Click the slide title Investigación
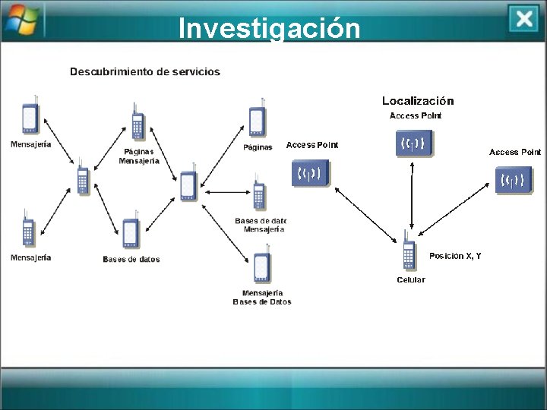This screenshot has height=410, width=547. pos(269,27)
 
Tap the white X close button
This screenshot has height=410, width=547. pos(523,19)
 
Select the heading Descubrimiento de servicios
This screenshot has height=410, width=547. pos(145,72)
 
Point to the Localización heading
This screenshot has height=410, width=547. pos(418,100)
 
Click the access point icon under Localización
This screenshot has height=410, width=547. pos(414,143)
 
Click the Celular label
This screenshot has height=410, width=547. pos(411,279)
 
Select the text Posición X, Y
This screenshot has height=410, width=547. pos(455,256)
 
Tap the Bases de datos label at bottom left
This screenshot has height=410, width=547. pos(131,260)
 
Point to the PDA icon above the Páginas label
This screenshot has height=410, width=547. pos(258,121)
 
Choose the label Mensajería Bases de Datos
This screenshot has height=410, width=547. pos(262,297)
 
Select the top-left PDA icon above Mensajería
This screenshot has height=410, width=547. pos(30,117)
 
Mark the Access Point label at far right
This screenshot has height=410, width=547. pos(514,152)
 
